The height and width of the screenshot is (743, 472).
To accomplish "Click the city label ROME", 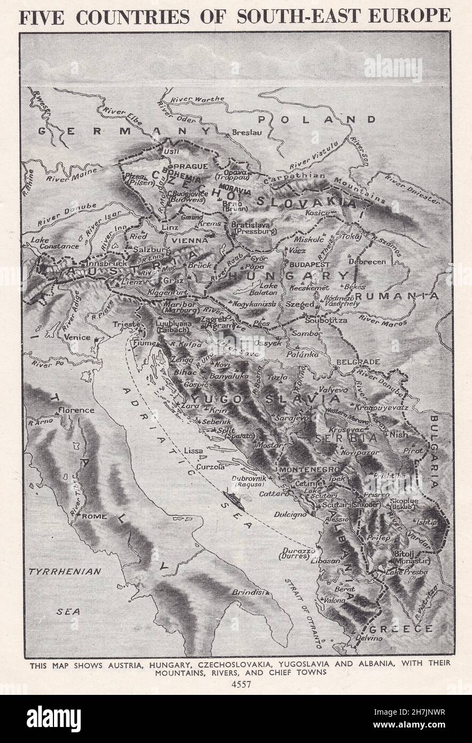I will coord(94,517).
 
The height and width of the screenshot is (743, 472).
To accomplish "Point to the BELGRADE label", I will coord(358,362).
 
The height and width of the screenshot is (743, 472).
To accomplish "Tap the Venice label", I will coord(77,337).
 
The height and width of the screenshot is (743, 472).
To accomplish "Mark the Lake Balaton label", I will coord(268,289).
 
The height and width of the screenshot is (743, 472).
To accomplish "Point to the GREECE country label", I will coord(407,629).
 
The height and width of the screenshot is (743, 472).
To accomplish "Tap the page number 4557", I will coord(236,684).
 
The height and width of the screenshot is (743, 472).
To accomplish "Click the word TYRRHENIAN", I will coord(65,571).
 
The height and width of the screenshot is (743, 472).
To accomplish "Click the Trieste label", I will coord(126,324).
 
